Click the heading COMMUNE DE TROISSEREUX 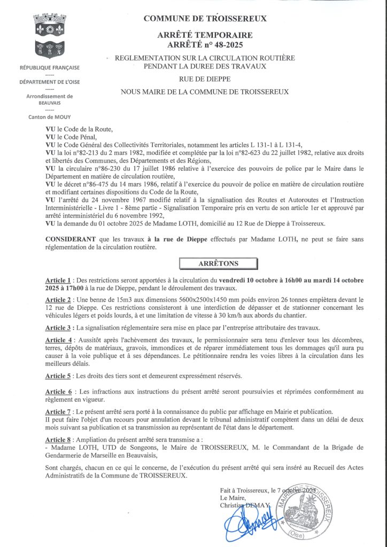click(205, 19)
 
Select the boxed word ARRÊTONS click(219, 264)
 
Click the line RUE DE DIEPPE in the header click(205, 79)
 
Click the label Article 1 click(59, 280)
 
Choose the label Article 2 click(59, 300)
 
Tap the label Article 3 click(59, 327)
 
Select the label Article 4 click(59, 341)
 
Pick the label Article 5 click(59, 376)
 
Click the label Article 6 click(59, 392)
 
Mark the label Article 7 click(59, 411)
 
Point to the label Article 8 click(59, 439)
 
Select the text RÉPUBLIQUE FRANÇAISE click(49, 68)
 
